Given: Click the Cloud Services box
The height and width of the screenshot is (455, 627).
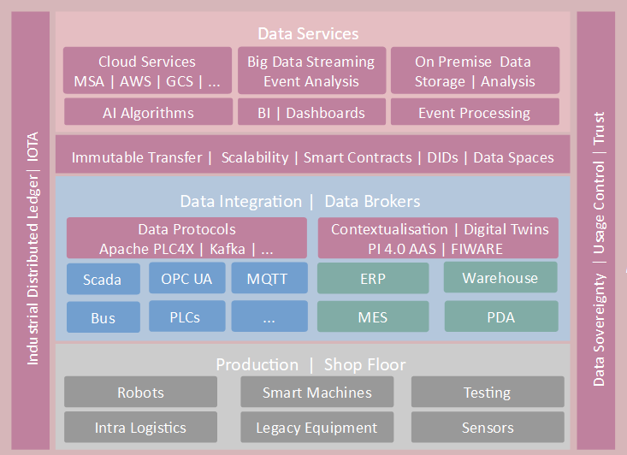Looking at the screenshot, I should [147, 71].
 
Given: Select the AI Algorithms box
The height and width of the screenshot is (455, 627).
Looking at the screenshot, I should [147, 112].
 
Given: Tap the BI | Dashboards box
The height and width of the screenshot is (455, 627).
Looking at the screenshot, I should [311, 112].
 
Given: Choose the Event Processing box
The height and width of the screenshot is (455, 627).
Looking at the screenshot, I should [474, 112].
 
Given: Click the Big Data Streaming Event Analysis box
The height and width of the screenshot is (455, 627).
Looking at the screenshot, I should [311, 71].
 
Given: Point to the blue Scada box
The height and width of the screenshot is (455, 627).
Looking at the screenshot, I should [102, 279].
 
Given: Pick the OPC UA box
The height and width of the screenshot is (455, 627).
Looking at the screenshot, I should [186, 278].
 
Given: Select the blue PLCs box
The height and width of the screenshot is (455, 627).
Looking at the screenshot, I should [186, 316].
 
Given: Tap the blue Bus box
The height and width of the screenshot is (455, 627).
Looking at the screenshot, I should [103, 318].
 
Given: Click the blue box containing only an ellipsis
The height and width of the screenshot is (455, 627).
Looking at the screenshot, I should [269, 317].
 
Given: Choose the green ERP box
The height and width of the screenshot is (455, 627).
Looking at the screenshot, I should [373, 279].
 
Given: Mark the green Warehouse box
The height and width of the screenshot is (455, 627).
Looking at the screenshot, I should [500, 278].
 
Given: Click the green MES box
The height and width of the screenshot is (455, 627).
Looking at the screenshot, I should [373, 317].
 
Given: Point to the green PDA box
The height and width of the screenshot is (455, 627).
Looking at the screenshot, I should [500, 317].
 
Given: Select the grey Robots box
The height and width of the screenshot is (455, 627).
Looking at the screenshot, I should [141, 393].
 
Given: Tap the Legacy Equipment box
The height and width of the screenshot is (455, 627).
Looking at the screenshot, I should [316, 427].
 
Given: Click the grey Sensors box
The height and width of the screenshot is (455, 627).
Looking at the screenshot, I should [488, 427].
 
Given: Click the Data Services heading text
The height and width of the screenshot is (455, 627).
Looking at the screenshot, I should [309, 34].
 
